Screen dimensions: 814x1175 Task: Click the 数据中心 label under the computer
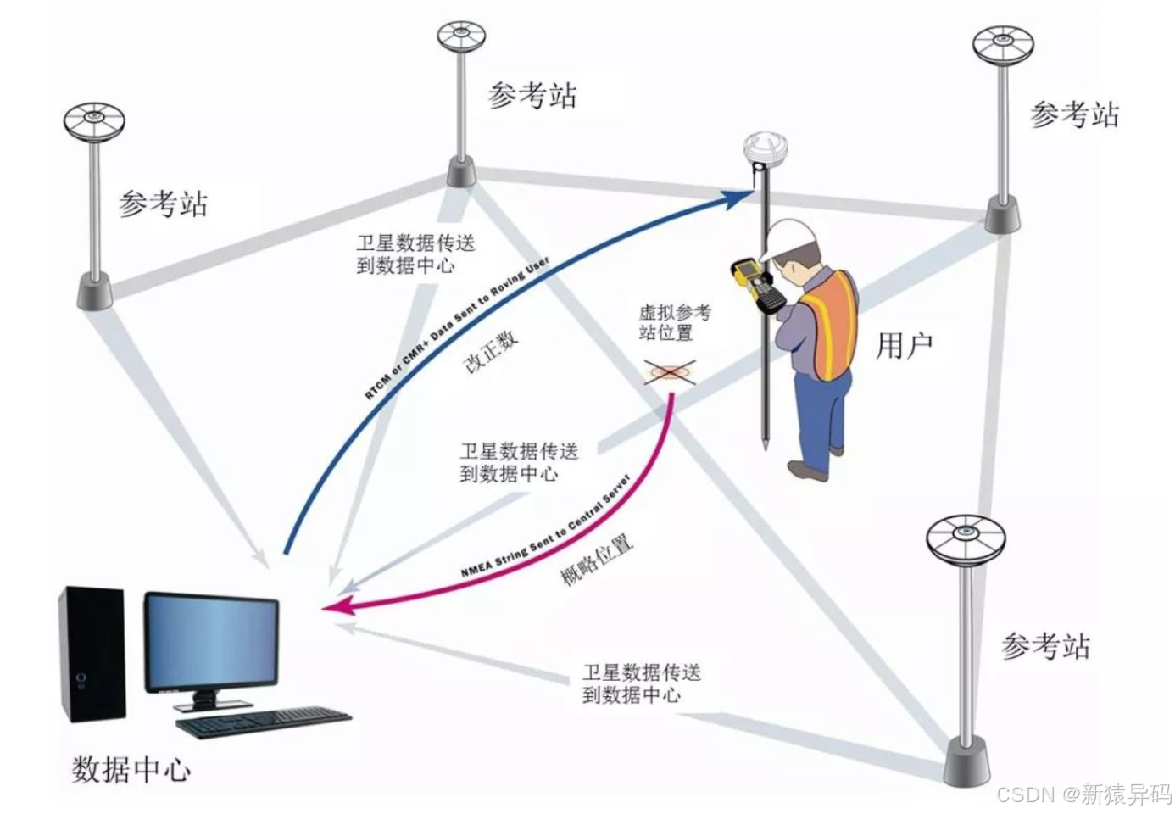131,769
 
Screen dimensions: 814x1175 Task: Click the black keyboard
263,722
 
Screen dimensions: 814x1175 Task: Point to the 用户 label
904,346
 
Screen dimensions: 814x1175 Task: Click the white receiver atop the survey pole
766,152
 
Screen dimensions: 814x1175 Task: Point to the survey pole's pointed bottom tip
765,444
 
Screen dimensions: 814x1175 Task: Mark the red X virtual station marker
670,371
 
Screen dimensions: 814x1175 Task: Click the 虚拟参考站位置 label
674,323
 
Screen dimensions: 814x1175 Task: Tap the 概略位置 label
597,560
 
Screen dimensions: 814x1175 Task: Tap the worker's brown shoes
810,468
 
